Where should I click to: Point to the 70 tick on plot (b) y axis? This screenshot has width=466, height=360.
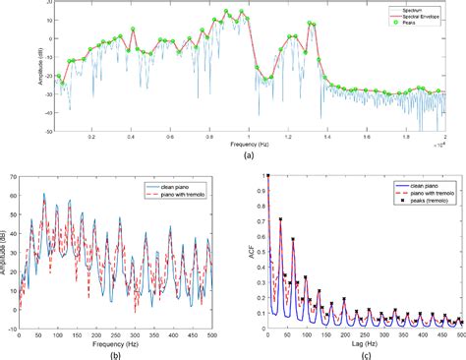click(x=17, y=177)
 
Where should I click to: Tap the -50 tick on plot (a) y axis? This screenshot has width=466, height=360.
click(x=45, y=130)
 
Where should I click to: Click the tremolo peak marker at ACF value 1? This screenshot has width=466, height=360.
click(x=268, y=177)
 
